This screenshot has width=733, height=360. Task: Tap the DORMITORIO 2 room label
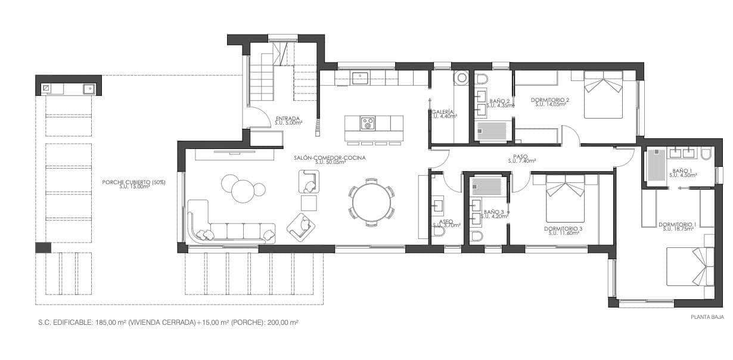pyautogui.click(x=552, y=101)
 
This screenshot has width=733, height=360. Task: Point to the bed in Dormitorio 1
pyautogui.click(x=690, y=266)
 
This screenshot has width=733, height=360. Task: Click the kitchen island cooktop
pyautogui.click(x=368, y=123)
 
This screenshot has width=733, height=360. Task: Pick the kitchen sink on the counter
pyautogui.click(x=360, y=77)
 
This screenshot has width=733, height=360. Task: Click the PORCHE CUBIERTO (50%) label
pyautogui.click(x=133, y=182)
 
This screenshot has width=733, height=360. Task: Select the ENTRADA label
pyautogui.click(x=287, y=119)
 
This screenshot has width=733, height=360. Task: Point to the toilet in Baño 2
pyautogui.click(x=482, y=79)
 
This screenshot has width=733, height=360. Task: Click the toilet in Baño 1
pyautogui.click(x=707, y=154)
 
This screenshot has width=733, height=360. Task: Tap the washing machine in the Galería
pyautogui.click(x=461, y=78)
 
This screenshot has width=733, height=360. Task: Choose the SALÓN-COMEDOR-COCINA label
pyautogui.click(x=330, y=158)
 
